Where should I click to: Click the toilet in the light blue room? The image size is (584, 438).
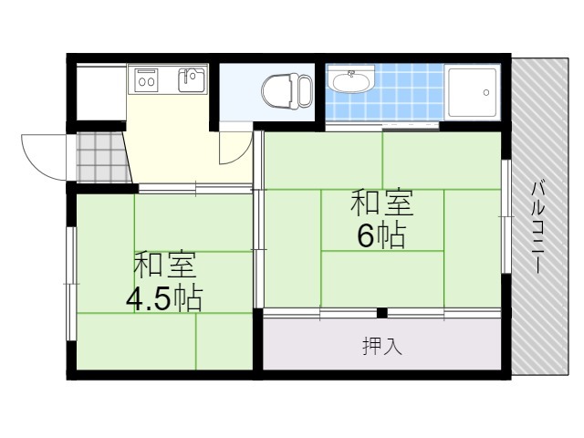pyautogui.click(x=287, y=91)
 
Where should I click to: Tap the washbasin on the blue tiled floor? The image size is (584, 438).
pyautogui.click(x=350, y=80)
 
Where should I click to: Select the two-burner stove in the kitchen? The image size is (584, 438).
pyautogui.click(x=147, y=79)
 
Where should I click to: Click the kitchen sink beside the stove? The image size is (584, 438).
pyautogui.click(x=193, y=79)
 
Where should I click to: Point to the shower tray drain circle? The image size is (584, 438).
pyautogui.click(x=486, y=92)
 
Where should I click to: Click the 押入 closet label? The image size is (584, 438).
pyautogui.click(x=382, y=346)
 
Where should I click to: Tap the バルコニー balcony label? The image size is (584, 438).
pyautogui.click(x=537, y=227)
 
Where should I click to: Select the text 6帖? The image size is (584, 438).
pyautogui.click(x=381, y=235)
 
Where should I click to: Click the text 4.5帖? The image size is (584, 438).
pyautogui.click(x=164, y=298)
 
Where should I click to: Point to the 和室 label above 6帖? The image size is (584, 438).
pyautogui.click(x=382, y=203)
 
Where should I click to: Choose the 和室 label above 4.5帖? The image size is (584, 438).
pyautogui.click(x=164, y=265)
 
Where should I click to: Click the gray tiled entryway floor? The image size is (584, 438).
pyautogui.click(x=102, y=158)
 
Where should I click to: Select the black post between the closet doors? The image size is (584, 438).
pyautogui.click(x=382, y=313)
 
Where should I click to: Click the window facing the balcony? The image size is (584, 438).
pyautogui.click(x=506, y=216)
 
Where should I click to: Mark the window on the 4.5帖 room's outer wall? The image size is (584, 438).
pyautogui.click(x=71, y=284)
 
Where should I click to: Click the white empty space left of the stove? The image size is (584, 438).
pyautogui.click(x=101, y=93)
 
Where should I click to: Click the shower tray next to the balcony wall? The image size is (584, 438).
pyautogui.click(x=473, y=92)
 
